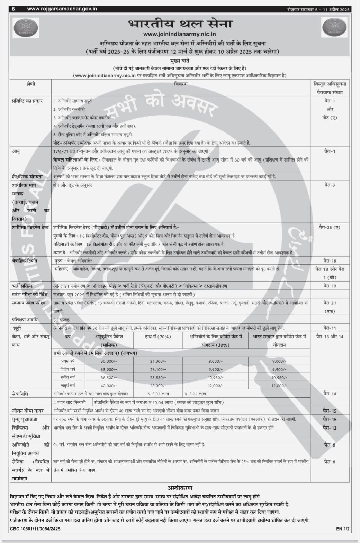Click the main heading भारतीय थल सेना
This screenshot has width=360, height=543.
click(180, 24)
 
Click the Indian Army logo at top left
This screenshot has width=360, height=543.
click(26, 28)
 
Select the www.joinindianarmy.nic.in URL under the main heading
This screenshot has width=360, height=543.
click(180, 34)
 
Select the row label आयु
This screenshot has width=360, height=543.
click(16, 151)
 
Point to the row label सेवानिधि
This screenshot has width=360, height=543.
click(20, 394)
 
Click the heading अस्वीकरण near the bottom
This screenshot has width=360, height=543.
click(180, 488)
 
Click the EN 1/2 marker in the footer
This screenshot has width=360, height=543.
click(343, 529)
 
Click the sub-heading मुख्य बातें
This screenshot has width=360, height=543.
click(180, 61)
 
